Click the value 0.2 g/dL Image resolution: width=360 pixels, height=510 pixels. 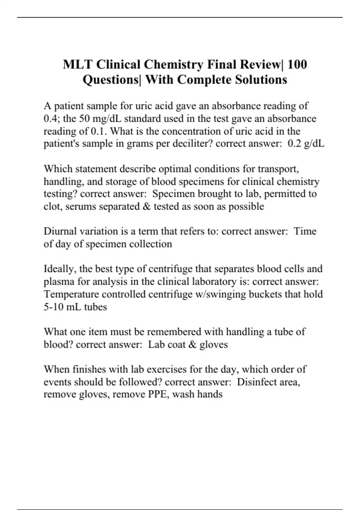click(x=306, y=144)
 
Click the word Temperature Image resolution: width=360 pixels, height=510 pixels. click(x=71, y=294)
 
